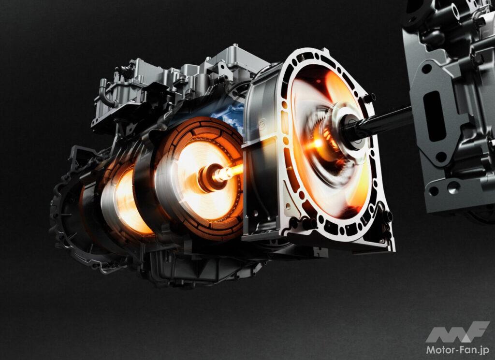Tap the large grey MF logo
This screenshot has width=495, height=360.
point(457,332)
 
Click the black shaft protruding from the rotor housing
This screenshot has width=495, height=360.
point(383,121)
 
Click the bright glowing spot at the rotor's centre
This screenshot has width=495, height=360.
point(317,144)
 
